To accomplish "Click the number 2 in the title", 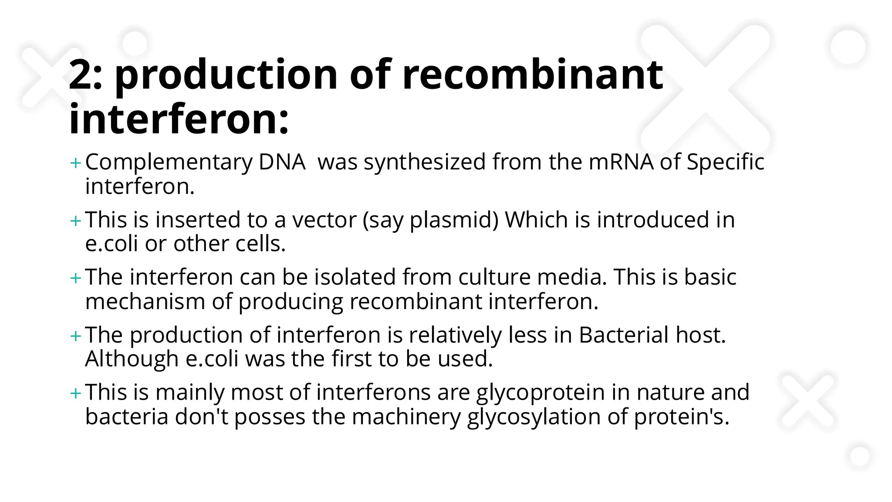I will (x=81, y=75).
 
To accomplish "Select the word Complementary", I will (x=169, y=163).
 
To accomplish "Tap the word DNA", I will (x=282, y=162).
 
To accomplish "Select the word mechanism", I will (x=145, y=302).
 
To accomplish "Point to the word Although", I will (x=132, y=359).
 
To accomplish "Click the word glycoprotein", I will (x=541, y=393).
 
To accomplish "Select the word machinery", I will (x=406, y=417).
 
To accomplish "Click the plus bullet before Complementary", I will (x=75, y=163).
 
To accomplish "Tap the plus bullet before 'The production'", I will (x=75, y=336).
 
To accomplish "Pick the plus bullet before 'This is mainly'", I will (x=75, y=393).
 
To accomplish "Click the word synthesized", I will (x=425, y=162).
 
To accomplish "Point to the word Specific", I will (x=725, y=162).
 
